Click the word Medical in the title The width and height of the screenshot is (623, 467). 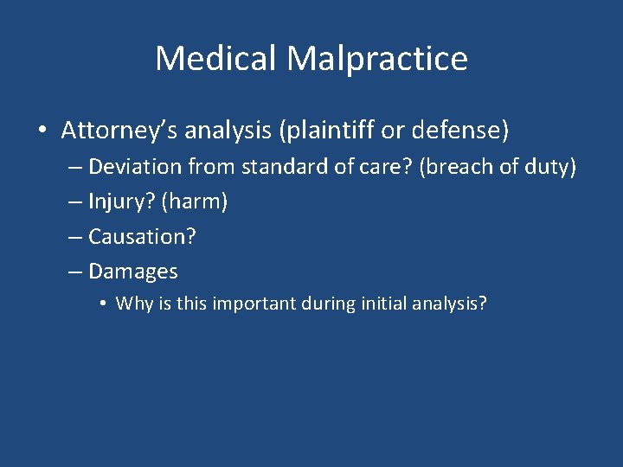pos(216,59)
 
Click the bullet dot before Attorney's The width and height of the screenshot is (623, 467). pos(42,131)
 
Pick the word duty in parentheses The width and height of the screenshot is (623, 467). pos(551,167)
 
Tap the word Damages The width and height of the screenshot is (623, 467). pos(133,272)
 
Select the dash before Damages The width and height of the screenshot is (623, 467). pos(75,272)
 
